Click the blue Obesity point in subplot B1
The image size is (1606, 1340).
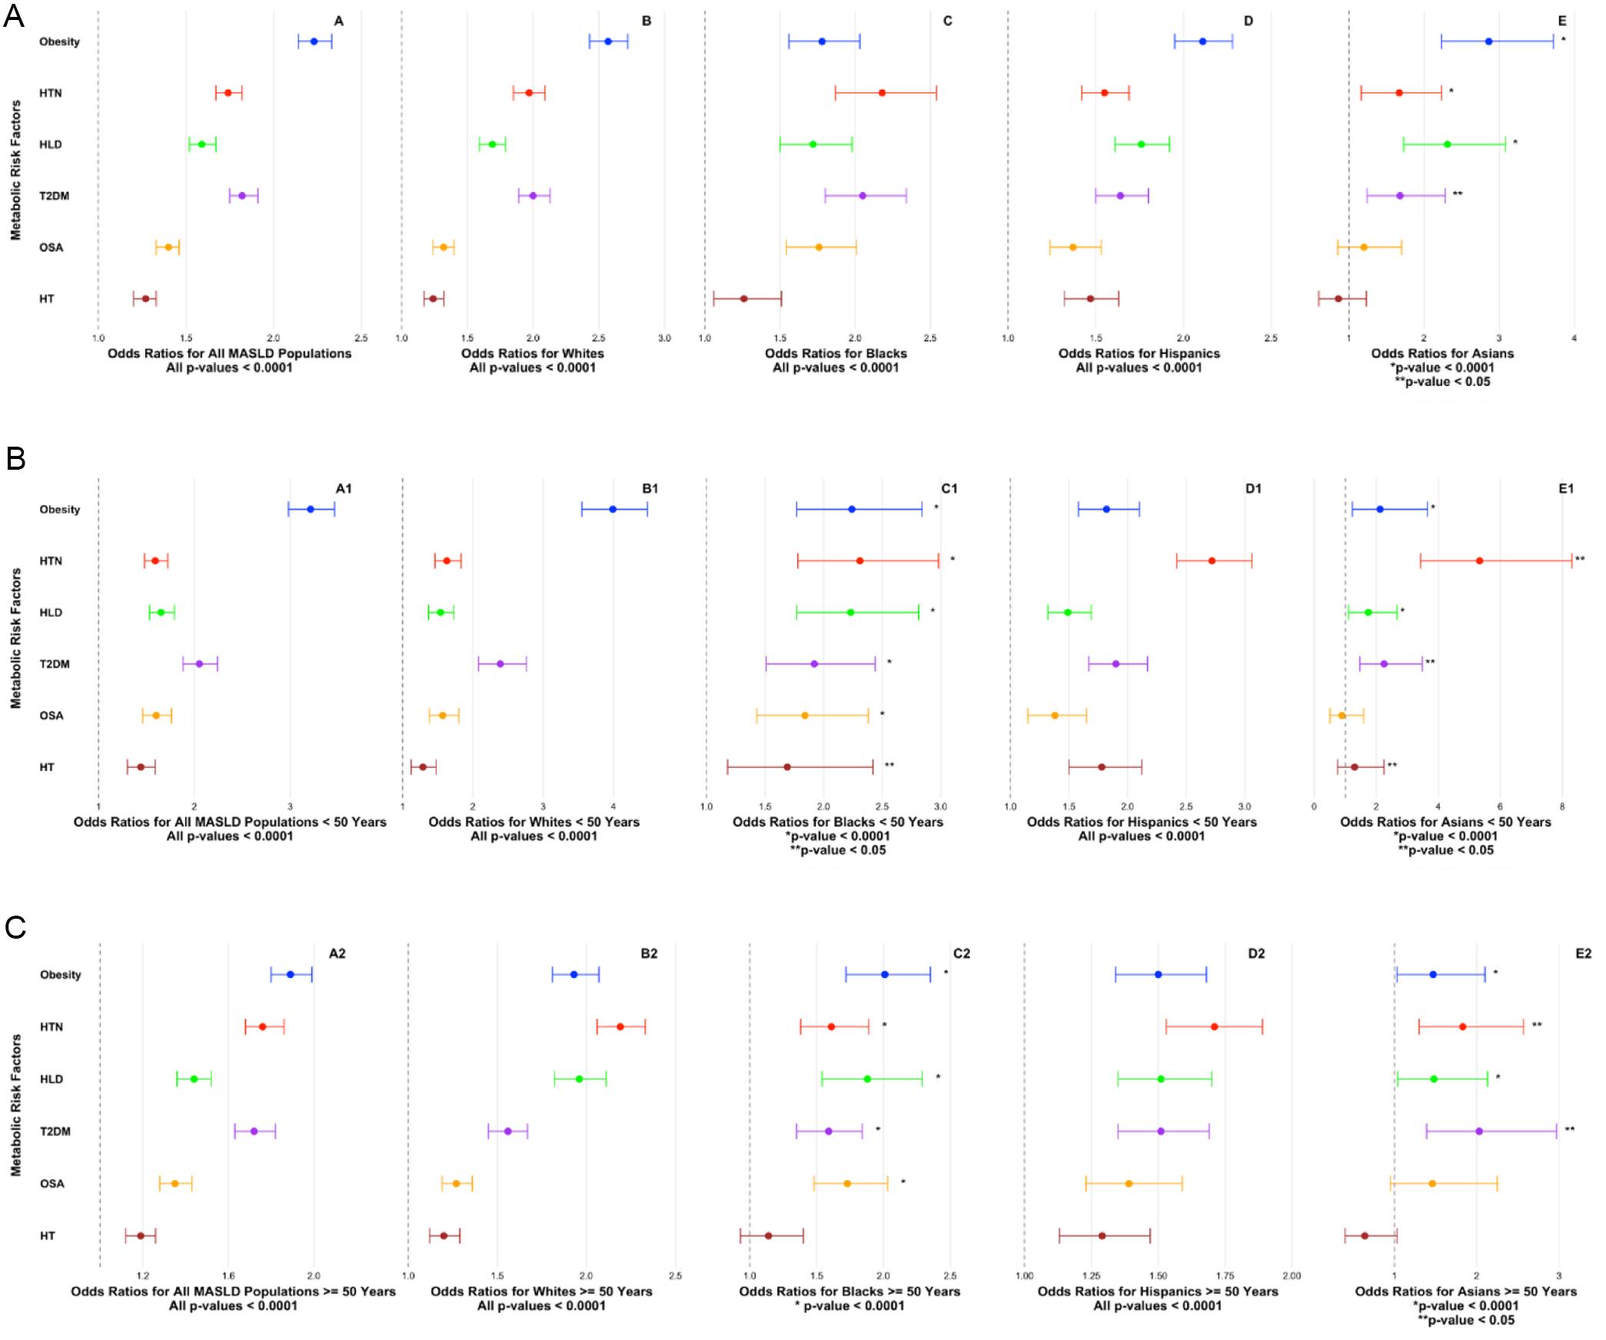point(613,509)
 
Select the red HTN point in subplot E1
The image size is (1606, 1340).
point(1479,560)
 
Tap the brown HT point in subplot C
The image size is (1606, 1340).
point(743,298)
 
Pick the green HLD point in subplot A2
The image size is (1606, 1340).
point(194,1079)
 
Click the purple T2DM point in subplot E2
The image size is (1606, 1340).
point(1478,1131)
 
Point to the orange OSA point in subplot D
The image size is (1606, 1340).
point(1072,248)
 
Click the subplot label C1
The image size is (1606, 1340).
point(949,488)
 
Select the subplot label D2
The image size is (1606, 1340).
point(1255,953)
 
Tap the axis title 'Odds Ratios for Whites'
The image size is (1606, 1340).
point(532,354)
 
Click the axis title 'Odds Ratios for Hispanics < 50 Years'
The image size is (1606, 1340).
point(1142,822)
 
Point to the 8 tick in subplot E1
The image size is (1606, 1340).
point(1562,806)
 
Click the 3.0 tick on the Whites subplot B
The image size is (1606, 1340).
point(664,337)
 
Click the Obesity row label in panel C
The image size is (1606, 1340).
point(60,975)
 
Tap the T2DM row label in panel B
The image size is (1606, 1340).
point(55,664)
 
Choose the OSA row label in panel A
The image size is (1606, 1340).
point(52,248)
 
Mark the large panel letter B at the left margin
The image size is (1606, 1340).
point(15,459)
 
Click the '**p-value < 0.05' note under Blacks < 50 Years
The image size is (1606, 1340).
point(837,850)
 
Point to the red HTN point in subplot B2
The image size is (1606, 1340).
point(620,1026)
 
